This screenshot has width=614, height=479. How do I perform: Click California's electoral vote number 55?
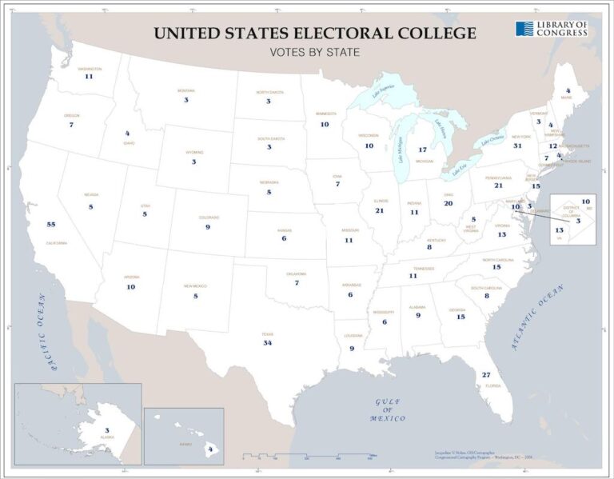point(51,225)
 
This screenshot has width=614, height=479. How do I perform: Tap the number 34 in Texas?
point(268,342)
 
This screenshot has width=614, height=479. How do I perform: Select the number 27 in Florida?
point(485,375)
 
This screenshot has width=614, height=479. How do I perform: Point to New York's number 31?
point(517,146)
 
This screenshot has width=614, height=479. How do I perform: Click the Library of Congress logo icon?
point(524,29)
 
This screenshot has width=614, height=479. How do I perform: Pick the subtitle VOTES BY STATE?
point(314,53)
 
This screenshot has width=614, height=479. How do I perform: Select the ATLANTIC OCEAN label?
point(537,320)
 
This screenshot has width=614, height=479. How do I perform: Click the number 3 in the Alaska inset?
point(106,430)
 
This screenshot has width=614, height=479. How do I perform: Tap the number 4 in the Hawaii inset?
point(209,449)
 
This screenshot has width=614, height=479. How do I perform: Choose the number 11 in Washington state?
point(89,77)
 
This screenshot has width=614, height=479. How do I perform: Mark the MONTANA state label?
point(185,90)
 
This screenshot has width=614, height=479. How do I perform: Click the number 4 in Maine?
point(568,90)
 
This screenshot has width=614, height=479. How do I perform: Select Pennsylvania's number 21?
point(498,185)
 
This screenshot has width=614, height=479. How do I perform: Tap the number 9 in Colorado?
point(207,227)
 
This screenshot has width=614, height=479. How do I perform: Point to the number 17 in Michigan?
point(422,150)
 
